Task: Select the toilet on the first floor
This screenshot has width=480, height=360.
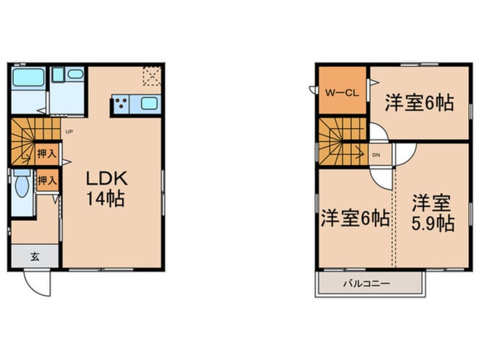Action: (x=22, y=185)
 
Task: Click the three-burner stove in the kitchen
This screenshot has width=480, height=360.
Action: (x=120, y=104)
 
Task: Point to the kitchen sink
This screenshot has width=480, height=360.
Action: (x=150, y=103)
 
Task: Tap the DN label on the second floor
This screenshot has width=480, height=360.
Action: (x=376, y=154)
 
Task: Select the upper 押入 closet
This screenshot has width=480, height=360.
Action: (x=47, y=153)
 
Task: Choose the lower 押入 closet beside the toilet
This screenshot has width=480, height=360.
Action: (x=47, y=181)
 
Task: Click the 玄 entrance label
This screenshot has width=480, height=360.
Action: (x=35, y=256)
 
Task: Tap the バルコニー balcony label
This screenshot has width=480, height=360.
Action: (x=366, y=283)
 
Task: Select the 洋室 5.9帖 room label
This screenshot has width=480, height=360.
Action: (x=432, y=212)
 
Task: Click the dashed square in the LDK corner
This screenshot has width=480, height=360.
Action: (x=151, y=76)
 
